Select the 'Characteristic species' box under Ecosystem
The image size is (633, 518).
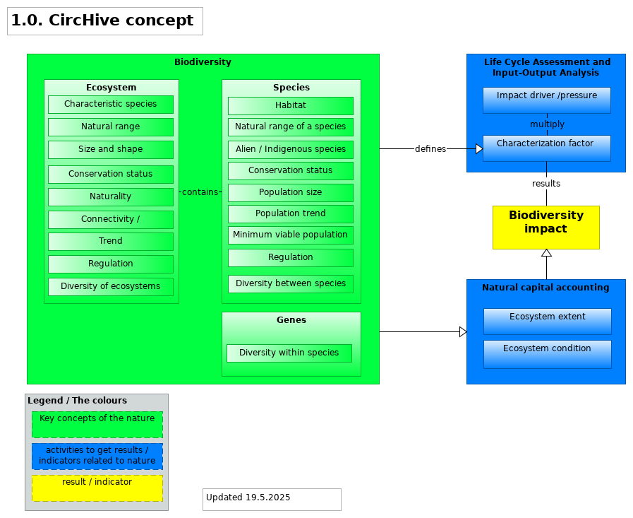pos(111,105)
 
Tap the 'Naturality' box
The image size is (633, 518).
pos(111,197)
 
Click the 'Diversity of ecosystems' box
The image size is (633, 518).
pos(111,287)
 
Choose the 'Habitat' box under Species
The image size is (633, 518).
pos(291,106)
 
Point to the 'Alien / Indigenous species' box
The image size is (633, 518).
pos(291,150)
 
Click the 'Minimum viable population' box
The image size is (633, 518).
pos(291,235)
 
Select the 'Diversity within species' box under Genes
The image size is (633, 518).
pos(289,353)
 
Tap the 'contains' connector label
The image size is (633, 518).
pos(200,192)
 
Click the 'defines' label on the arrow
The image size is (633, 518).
pos(430,149)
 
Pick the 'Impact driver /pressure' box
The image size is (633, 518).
pos(547,100)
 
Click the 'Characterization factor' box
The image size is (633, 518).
pos(547,148)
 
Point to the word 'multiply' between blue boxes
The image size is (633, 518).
pos(547,124)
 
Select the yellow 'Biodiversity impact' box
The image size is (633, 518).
pos(546,228)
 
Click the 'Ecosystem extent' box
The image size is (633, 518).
pos(548,322)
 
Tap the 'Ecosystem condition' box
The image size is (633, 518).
pos(548,354)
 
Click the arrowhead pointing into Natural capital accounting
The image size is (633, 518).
pos(463,332)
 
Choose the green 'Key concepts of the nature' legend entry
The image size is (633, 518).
pos(97,425)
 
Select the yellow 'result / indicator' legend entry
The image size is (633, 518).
pos(97,488)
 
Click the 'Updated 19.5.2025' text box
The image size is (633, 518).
pos(272,499)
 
